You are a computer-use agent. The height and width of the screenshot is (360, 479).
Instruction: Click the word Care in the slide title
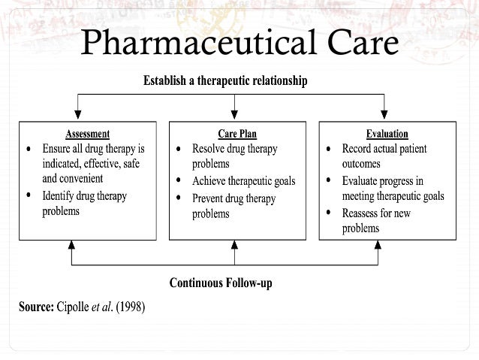[354, 44]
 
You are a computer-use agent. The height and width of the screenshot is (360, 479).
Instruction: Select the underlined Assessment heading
[87, 135]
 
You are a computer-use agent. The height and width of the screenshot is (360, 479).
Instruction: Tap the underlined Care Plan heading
[237, 135]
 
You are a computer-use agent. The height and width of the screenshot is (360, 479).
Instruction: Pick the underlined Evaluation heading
[387, 135]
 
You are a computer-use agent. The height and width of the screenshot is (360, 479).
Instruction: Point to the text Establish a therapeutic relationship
[224, 80]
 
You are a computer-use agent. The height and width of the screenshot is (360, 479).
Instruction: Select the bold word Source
[35, 308]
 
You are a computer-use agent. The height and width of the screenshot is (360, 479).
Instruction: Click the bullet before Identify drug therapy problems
[29, 195]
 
